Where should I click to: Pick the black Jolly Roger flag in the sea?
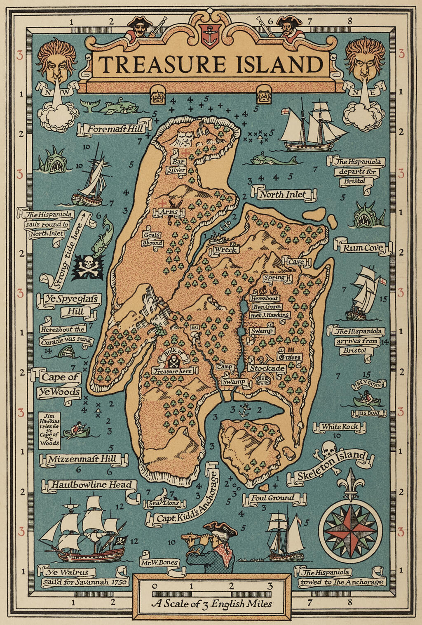click(88, 267)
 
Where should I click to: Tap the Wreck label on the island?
click(225, 250)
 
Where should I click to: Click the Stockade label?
click(267, 368)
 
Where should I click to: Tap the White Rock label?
click(340, 427)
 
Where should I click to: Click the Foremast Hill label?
click(115, 129)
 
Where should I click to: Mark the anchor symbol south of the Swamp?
click(245, 410)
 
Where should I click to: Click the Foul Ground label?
click(273, 498)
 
